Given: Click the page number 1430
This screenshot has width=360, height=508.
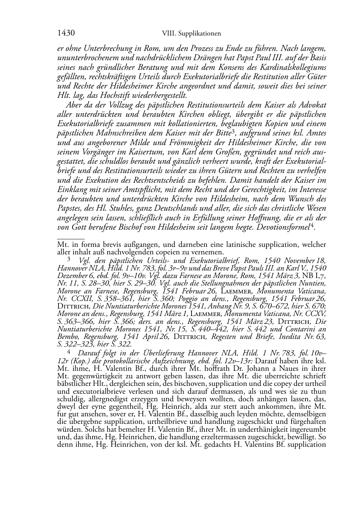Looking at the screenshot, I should click(66, 33).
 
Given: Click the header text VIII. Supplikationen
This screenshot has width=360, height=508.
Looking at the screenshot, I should click(191, 33).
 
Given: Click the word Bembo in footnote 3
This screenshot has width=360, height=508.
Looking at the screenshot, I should click(66, 337).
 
